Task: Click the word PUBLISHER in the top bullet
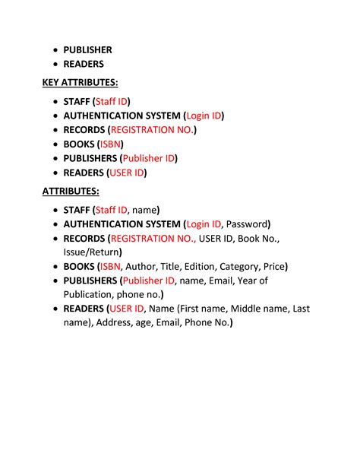pyautogui.click(x=87, y=50)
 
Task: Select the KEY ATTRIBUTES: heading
pyautogui.click(x=80, y=83)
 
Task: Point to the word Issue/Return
pyautogui.click(x=90, y=252)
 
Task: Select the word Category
pyautogui.click(x=238, y=267)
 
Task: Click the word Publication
pyautogui.click(x=89, y=294)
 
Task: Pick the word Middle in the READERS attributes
pyautogui.click(x=250, y=309)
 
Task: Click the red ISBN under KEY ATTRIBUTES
pyautogui.click(x=111, y=144)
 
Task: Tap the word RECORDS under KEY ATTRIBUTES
pyautogui.click(x=84, y=130)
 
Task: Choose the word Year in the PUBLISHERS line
pyautogui.click(x=248, y=281)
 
